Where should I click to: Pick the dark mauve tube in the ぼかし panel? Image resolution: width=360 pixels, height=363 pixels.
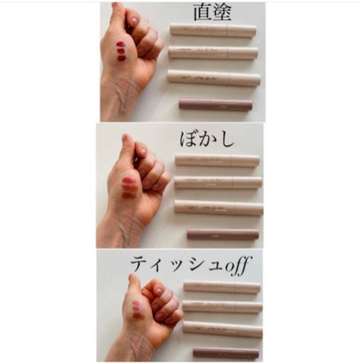tap(222, 234)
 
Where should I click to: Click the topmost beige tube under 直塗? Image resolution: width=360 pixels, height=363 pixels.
tap(213, 30)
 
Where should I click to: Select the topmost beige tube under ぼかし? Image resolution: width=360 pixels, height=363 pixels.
tap(217, 160)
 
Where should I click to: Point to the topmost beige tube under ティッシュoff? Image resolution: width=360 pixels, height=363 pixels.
tap(222, 287)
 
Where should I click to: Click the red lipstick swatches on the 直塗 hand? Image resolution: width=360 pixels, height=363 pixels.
tap(121, 51)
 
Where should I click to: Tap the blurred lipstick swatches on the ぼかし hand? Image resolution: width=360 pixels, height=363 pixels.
tap(127, 187)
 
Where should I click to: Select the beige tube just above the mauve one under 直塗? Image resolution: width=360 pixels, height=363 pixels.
tap(213, 78)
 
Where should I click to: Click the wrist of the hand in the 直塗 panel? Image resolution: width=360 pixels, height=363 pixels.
tap(117, 105)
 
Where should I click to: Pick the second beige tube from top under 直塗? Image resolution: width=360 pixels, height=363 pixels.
tap(213, 53)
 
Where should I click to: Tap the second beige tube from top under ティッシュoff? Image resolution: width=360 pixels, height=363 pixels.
tap(223, 306)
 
